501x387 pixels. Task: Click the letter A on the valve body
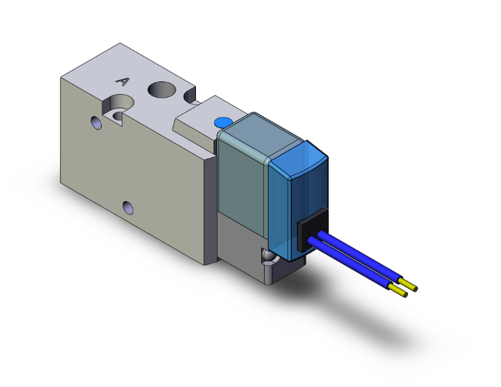point(123,81)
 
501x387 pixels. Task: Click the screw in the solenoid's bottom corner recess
point(268,258)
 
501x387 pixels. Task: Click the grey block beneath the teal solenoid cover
point(242,245)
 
